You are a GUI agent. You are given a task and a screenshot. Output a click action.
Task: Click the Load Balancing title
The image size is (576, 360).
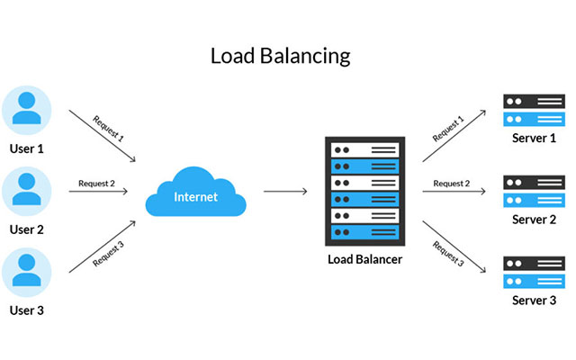(x=280, y=56)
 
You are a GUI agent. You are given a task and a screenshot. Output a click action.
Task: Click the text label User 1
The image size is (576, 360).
(x=27, y=148)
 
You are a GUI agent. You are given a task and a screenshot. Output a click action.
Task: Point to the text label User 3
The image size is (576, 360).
(x=27, y=310)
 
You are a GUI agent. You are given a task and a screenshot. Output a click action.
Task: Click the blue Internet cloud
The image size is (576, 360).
(x=194, y=194)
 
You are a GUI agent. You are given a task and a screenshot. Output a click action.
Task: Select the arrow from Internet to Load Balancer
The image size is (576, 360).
(x=285, y=192)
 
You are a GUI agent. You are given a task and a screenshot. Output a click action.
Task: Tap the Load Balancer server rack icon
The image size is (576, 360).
(x=364, y=192)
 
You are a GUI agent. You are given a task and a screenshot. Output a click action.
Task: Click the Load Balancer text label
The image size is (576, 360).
(x=364, y=259)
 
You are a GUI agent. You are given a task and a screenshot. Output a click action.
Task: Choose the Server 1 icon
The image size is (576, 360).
(x=527, y=111)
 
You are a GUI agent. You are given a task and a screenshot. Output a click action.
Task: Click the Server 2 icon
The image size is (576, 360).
(x=527, y=192)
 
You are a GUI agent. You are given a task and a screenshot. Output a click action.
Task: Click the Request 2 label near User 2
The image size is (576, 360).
(x=97, y=184)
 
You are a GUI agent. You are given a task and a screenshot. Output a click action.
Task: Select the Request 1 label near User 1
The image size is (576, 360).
(x=108, y=129)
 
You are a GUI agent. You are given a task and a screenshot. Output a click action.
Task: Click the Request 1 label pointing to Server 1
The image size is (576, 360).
(x=447, y=129)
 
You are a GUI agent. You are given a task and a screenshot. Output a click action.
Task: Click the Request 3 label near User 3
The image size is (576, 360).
(x=107, y=256)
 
